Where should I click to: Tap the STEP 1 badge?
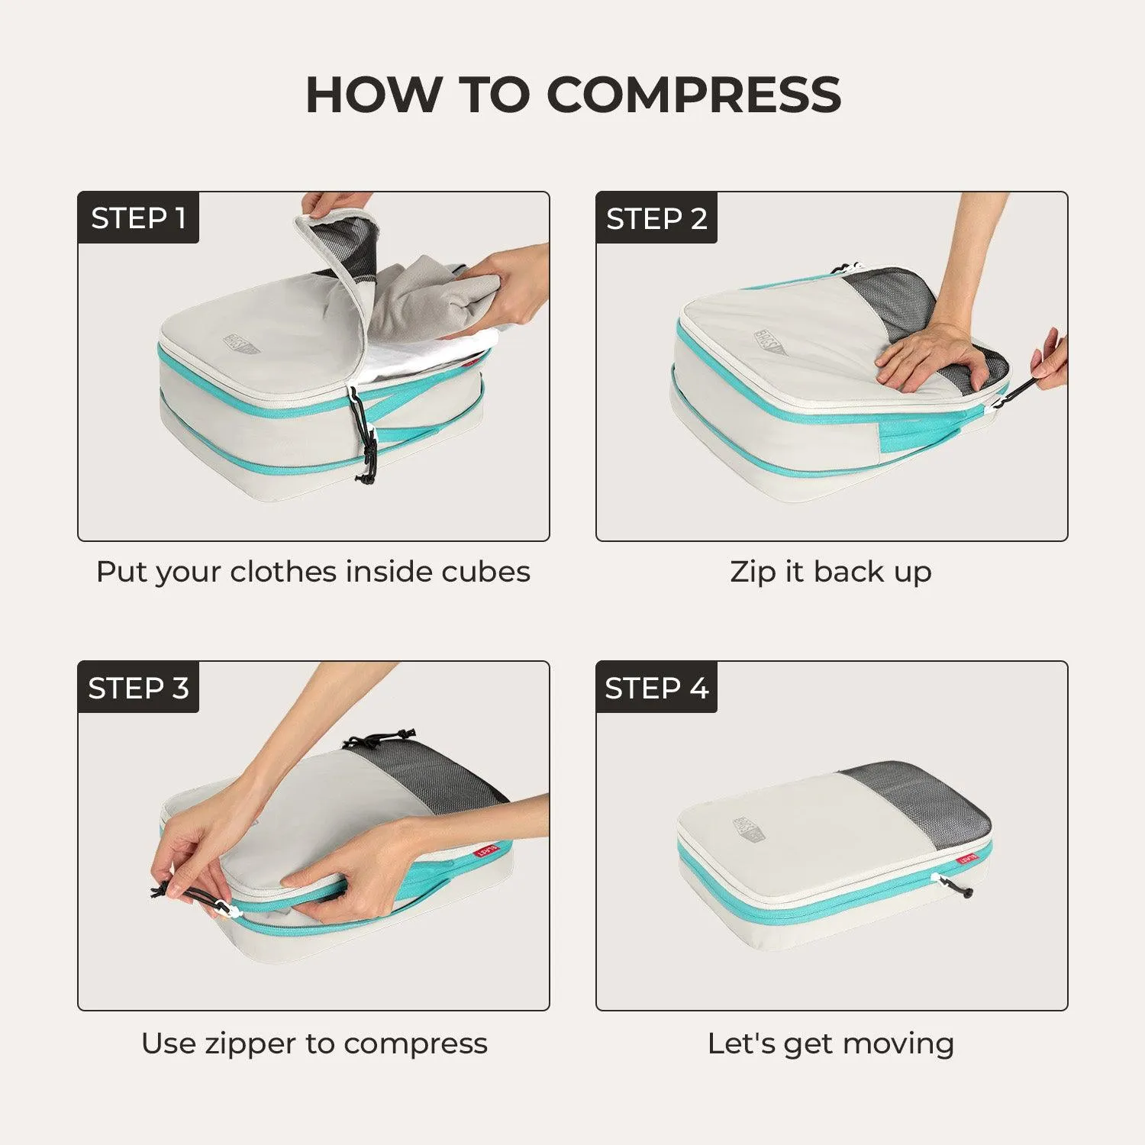coord(138,218)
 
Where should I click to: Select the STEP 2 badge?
coord(656,218)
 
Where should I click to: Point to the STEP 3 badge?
coord(138,688)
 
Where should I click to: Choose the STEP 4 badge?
coord(656,688)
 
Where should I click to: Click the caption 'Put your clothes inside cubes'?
coord(313,572)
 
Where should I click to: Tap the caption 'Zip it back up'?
coord(831,572)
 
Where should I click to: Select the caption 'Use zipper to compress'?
coord(314,1043)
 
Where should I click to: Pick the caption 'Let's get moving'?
coord(831,1043)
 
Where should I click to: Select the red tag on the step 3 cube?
coord(486,850)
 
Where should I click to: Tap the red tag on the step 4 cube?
coord(969,858)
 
